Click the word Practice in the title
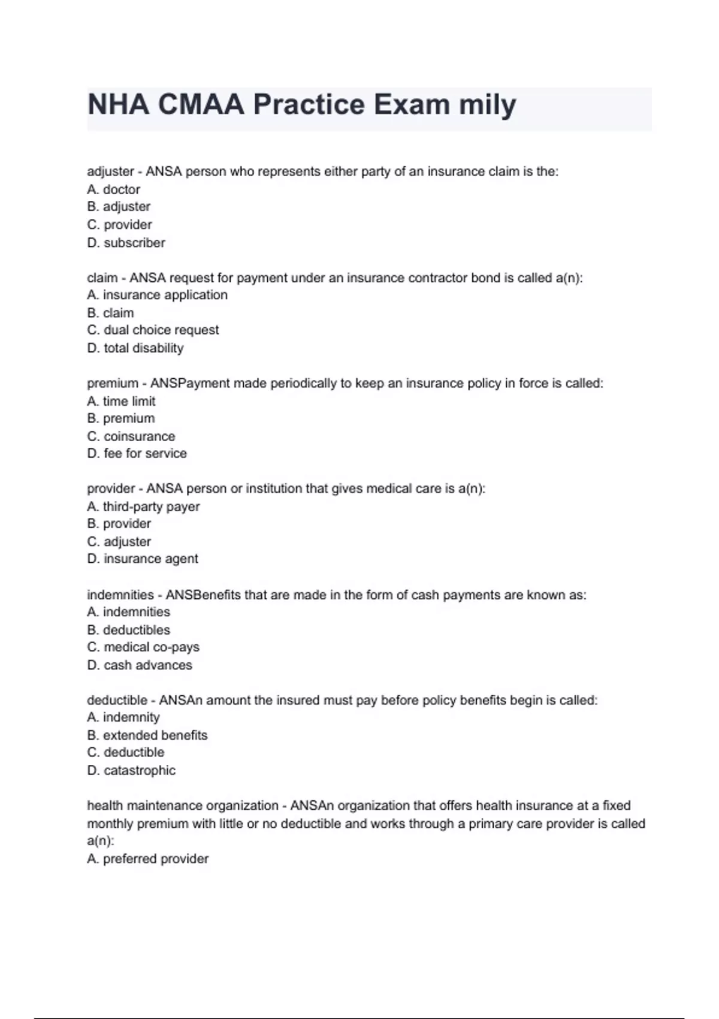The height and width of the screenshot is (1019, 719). click(309, 105)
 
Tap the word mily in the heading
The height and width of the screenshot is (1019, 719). click(487, 105)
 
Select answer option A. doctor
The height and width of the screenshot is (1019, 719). click(113, 189)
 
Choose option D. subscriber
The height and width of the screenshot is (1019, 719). click(126, 243)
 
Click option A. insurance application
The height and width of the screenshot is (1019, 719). click(157, 295)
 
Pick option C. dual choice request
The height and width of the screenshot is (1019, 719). click(153, 330)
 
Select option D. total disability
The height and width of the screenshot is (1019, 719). click(135, 348)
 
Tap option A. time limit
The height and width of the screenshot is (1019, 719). click(121, 401)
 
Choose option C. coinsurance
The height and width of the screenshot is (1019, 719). click(131, 436)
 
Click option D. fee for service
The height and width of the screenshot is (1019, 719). click(137, 453)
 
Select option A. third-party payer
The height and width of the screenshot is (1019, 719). click(143, 507)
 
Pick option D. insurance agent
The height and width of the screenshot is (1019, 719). click(143, 559)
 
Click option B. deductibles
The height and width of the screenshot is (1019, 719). click(128, 630)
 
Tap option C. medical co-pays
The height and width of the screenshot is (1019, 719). click(143, 647)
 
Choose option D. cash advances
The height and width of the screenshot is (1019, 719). click(140, 665)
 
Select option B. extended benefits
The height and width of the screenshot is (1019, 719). click(147, 735)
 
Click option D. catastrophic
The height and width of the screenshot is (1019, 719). click(131, 770)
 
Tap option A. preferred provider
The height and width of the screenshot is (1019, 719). click(147, 858)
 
